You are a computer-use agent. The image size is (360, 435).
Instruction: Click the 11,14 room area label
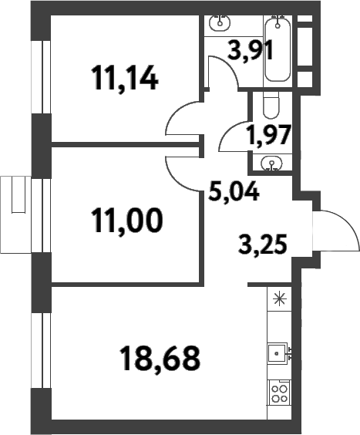[124, 78]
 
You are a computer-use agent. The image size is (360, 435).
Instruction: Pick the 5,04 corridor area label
[234, 190]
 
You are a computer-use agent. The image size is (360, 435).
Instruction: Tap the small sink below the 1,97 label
[271, 162]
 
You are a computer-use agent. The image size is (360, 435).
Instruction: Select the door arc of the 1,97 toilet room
[231, 137]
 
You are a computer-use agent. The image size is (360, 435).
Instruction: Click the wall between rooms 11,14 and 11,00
[123, 143]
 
